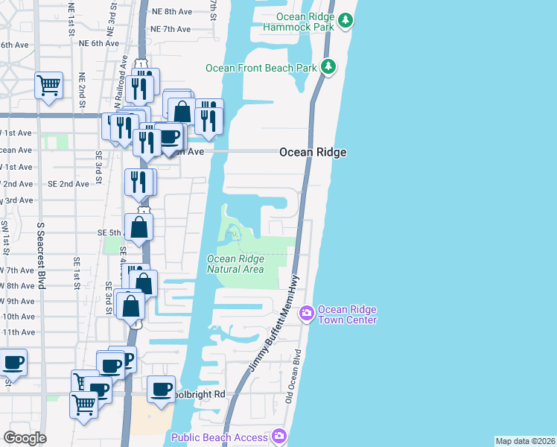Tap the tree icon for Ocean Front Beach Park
point(328,68)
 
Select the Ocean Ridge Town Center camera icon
point(306,314)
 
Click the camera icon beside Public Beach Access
point(279,436)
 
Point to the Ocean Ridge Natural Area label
point(235,264)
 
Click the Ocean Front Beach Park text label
point(261,68)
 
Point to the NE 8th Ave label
point(171,12)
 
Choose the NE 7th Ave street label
point(171,29)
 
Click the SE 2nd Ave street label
point(69,184)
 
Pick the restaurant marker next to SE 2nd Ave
point(139,182)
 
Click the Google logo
point(25,438)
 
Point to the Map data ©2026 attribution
point(525,441)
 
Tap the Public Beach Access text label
point(220,437)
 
